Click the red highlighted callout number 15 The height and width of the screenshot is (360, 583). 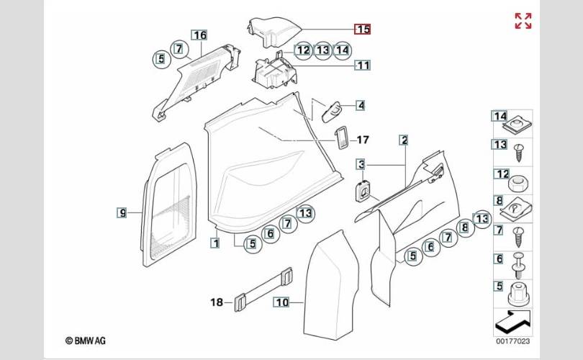[x=362, y=29]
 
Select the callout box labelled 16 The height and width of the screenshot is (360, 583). [x=199, y=35]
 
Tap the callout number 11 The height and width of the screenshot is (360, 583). [x=363, y=66]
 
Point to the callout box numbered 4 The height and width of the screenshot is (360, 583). [x=361, y=105]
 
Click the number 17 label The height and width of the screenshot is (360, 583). [x=363, y=140]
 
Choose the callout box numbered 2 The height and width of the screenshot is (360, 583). [x=404, y=140]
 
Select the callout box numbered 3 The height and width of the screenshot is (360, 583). [x=361, y=164]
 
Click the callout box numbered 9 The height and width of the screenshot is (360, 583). [x=122, y=212]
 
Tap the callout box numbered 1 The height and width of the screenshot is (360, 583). [x=215, y=243]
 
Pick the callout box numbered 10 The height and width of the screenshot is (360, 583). [x=281, y=302]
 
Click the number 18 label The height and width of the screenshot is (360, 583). [x=217, y=302]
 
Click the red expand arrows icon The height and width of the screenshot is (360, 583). [x=523, y=21]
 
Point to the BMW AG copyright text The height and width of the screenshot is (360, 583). [x=86, y=341]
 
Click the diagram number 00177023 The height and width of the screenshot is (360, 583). [x=512, y=341]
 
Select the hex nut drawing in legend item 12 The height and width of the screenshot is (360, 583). [x=519, y=184]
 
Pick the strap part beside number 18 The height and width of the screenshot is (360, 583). [x=263, y=288]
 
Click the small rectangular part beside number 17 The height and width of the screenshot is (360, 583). [x=341, y=138]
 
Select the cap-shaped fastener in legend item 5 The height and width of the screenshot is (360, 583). [x=519, y=294]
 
